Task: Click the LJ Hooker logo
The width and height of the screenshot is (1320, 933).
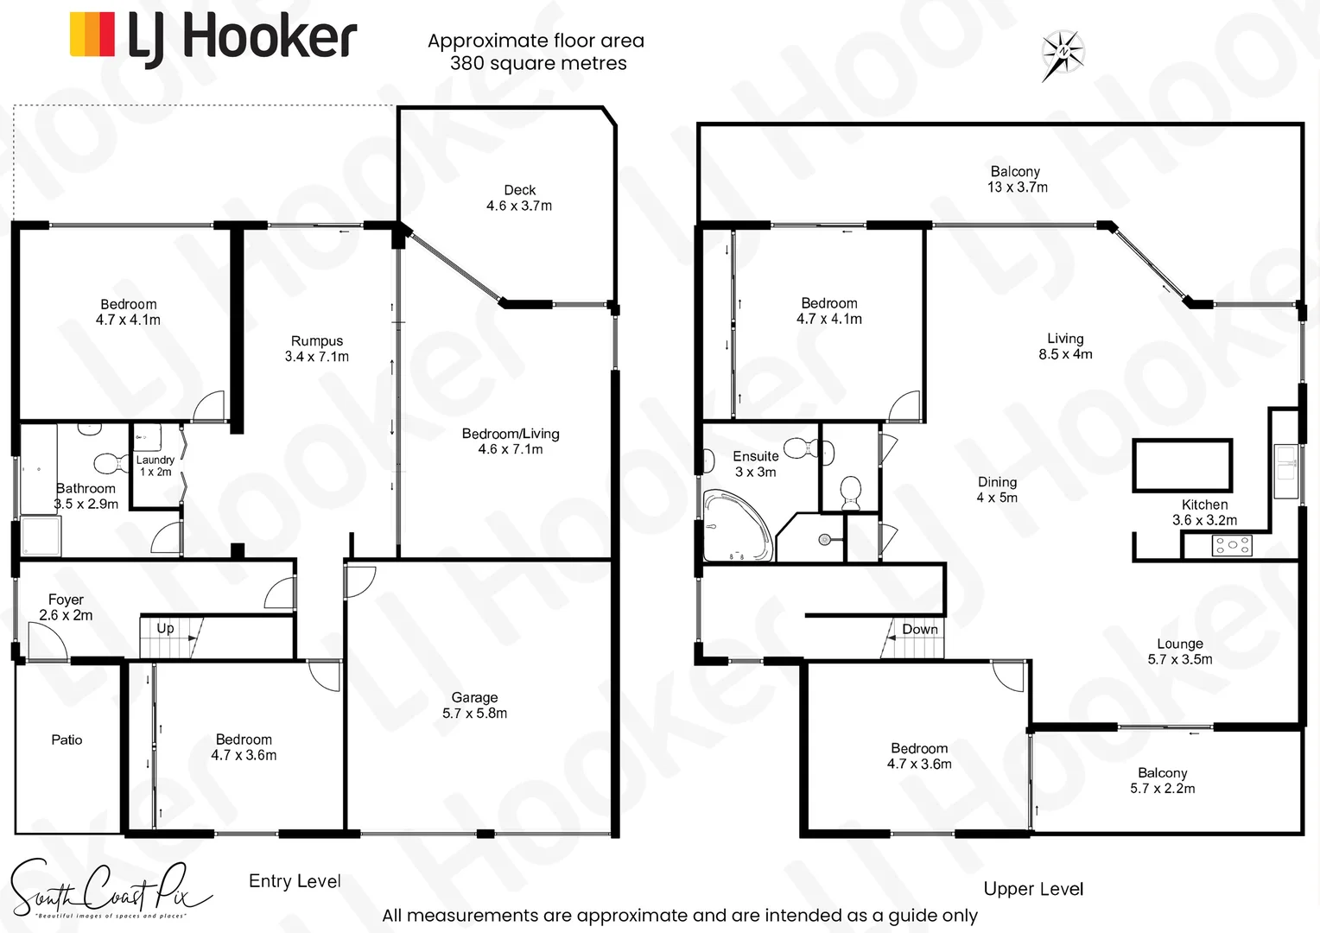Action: pos(213,38)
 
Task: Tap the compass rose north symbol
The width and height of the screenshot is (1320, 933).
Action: pos(1063,54)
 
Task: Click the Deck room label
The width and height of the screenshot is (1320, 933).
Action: pos(519,198)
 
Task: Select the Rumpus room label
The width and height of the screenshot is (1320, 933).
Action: pos(317,348)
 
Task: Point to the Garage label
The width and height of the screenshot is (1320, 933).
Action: pos(474,705)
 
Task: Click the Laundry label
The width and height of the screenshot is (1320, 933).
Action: pos(155,466)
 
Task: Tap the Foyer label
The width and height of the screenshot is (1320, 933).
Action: pos(66,606)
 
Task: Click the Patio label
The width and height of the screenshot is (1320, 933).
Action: pos(67,739)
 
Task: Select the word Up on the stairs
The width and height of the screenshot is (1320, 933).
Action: pos(165,628)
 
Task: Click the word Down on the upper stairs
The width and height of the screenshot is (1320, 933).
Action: pos(920,629)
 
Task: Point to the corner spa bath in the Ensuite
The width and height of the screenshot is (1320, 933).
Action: pos(733,526)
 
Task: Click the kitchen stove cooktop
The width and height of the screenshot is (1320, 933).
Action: pos(1232,545)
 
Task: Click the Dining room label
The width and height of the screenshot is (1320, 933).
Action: pos(997,489)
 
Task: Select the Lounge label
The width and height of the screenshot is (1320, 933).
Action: pos(1180,651)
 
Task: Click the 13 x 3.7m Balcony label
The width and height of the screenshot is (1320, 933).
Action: pos(1017,179)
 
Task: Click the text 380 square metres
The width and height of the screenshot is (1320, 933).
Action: pos(538,63)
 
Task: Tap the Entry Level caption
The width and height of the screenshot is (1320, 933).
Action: pos(295,881)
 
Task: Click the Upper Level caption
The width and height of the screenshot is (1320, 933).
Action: pos(1033,889)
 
